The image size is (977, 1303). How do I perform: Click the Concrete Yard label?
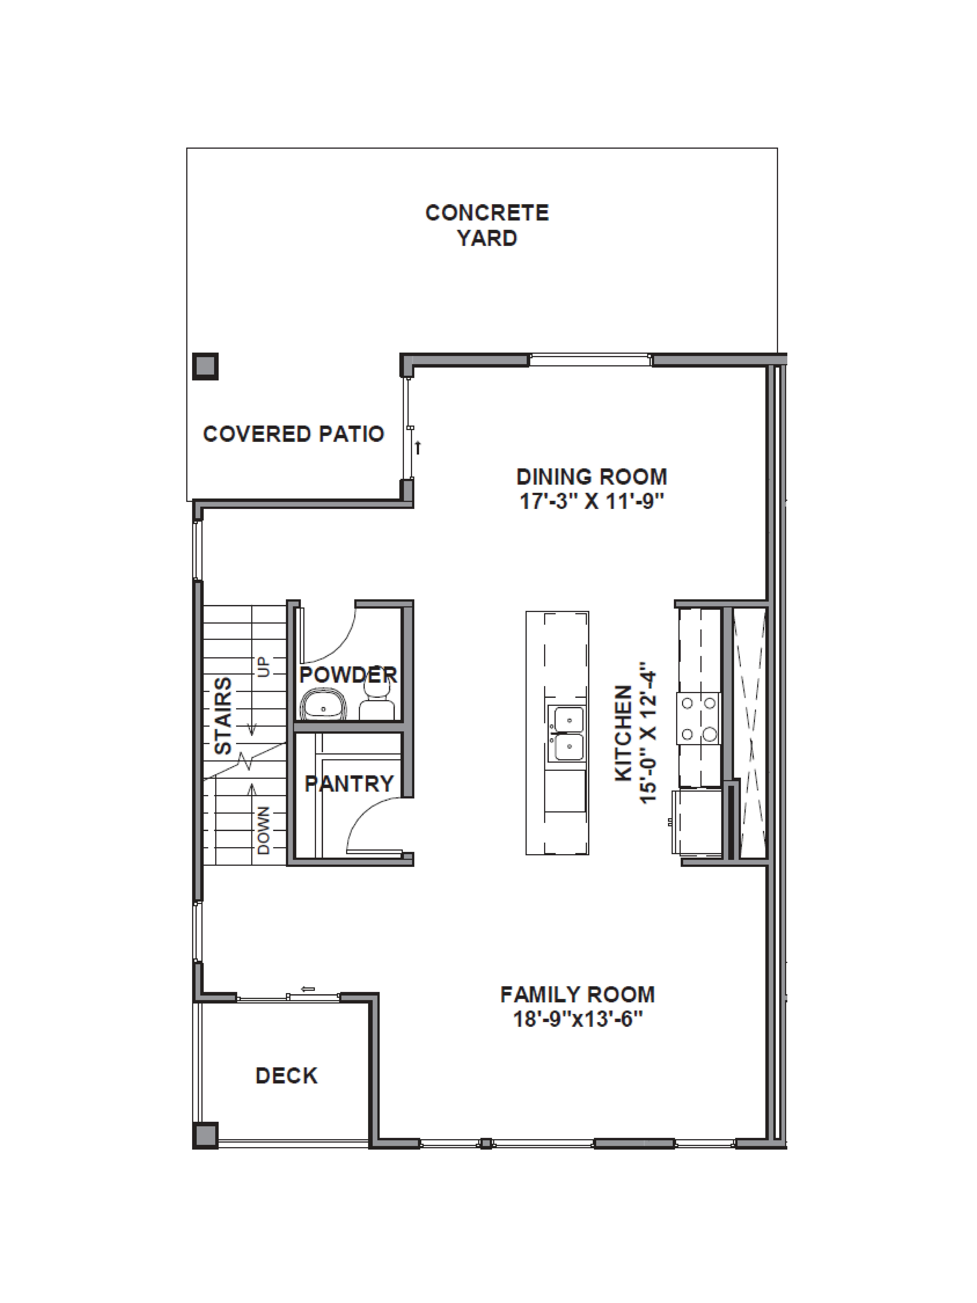(x=487, y=225)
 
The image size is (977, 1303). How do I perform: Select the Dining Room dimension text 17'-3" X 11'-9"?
(x=591, y=502)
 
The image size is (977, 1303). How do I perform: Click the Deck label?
(x=286, y=1076)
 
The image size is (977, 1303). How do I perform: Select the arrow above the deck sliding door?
(x=307, y=989)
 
